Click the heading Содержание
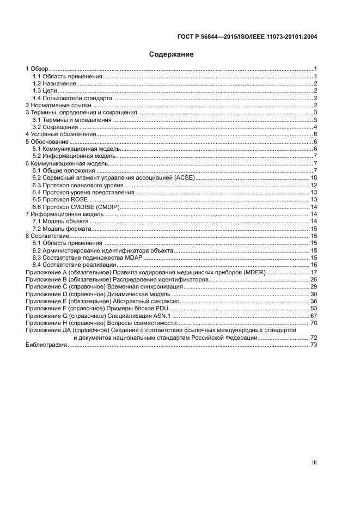point(172,54)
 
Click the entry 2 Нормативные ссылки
point(56,105)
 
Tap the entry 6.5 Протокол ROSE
point(60,199)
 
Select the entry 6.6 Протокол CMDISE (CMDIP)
point(76,207)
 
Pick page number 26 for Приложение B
point(314,279)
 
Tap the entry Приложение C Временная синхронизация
point(103,286)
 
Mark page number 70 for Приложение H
point(314,323)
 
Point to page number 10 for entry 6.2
point(314,177)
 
